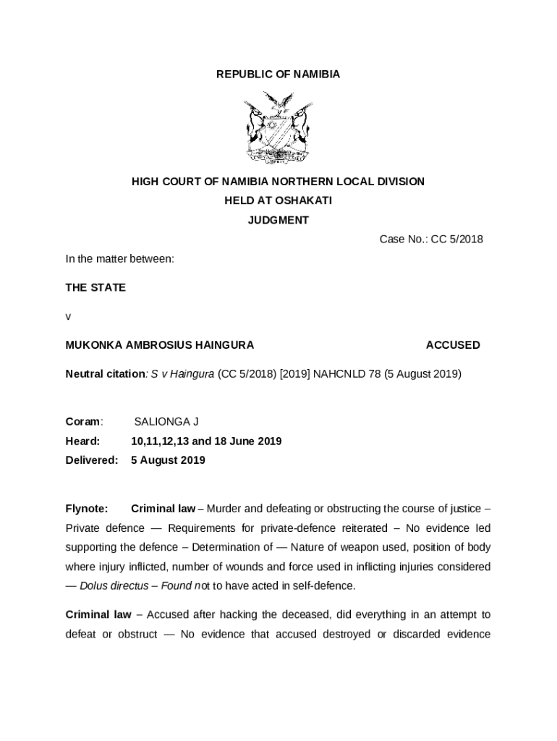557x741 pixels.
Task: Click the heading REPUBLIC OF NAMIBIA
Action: pos(278,75)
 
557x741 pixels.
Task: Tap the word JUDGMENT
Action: pos(278,221)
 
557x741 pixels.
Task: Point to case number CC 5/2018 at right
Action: pos(456,240)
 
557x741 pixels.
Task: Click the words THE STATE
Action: pos(95,287)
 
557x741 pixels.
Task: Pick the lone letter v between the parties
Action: pos(68,316)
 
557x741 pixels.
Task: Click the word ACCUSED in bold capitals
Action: pos(452,345)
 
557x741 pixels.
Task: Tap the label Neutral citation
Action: pos(105,374)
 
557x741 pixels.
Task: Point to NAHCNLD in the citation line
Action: pos(337,374)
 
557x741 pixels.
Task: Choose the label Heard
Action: pos(82,441)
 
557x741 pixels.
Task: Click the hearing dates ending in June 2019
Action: pos(206,441)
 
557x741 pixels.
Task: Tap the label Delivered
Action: pos(91,460)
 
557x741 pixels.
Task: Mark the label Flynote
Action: pos(87,509)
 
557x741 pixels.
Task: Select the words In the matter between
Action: pos(119,258)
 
